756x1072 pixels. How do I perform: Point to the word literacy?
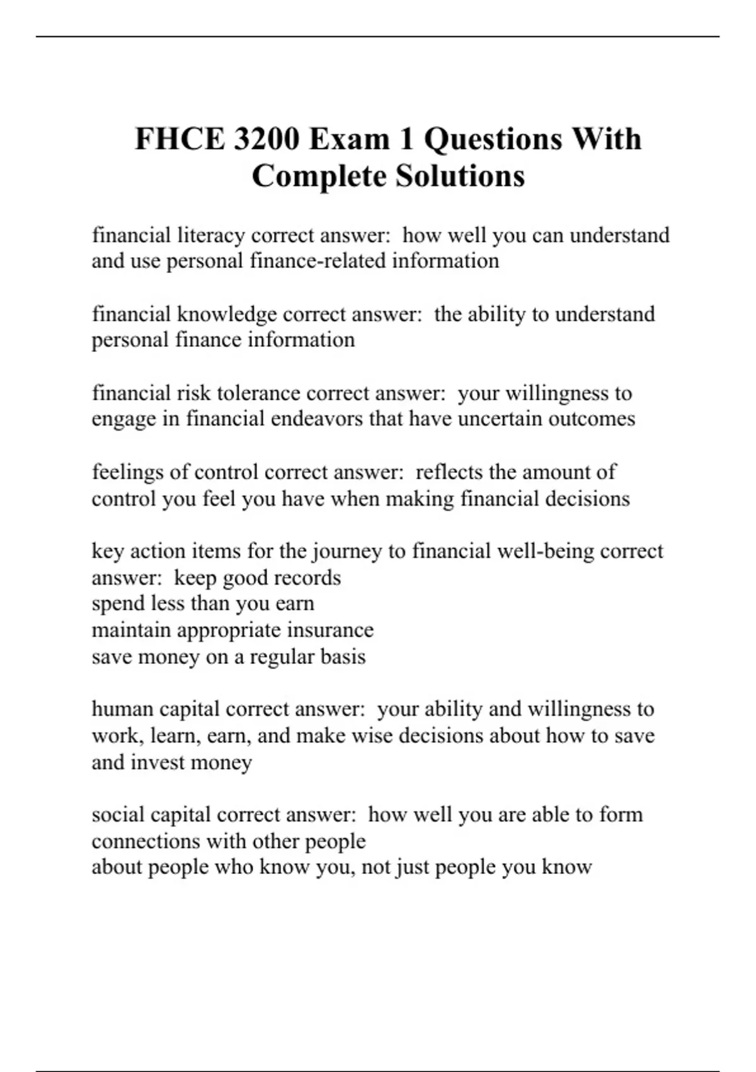coord(211,235)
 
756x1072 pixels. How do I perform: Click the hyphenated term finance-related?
coord(318,261)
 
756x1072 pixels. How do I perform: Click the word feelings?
coord(131,472)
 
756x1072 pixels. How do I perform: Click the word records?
coord(309,578)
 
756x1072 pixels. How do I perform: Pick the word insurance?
coord(330,631)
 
